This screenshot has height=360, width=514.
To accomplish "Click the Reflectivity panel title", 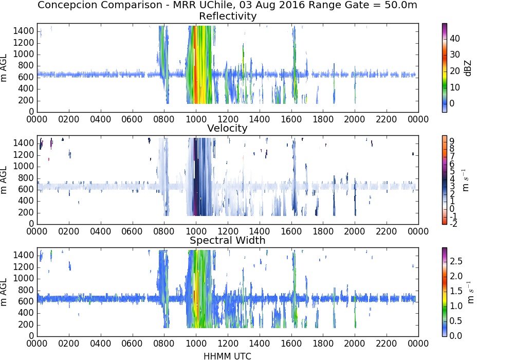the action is pos(228,16).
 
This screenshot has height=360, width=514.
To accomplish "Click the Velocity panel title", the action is pos(227,128).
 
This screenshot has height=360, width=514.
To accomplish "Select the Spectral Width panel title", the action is pos(228,240).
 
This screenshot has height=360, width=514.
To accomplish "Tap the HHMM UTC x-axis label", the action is pos(227,356).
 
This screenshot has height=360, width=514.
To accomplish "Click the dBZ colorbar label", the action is pos(468,68).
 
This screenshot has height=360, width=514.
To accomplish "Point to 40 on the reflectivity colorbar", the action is pos(455,39).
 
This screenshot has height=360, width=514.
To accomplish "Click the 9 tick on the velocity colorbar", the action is pos(452,141).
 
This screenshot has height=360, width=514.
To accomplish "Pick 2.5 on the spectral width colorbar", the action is pos(456,261).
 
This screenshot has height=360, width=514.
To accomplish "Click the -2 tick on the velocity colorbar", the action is pos(453,224).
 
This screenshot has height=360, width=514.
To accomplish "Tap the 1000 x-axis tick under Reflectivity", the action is pos(196,119).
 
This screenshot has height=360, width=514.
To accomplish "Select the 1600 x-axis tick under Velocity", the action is pos(291,231).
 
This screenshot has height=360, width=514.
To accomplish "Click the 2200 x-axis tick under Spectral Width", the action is pos(387,344).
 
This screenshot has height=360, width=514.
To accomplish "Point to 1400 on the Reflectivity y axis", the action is pos(24,31).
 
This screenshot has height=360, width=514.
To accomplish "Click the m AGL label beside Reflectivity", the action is pos(4,68).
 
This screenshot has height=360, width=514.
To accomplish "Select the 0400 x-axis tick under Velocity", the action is pos(100,231).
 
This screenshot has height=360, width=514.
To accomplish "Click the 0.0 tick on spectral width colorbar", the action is pos(456,336).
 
